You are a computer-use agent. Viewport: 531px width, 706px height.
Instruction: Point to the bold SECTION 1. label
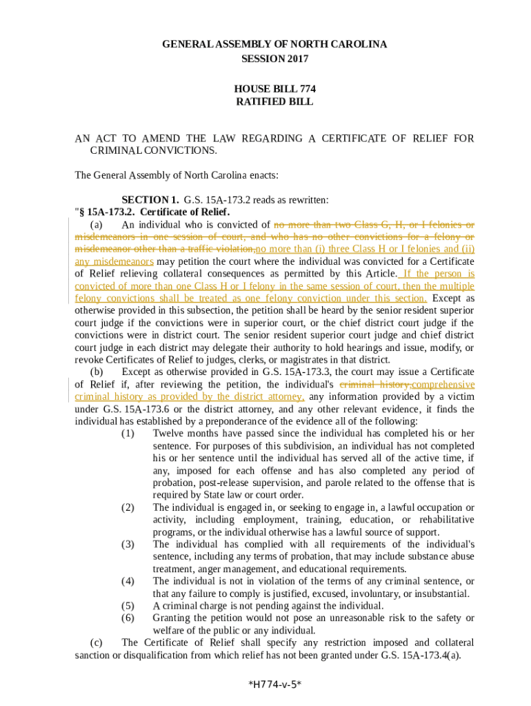coord(150,200)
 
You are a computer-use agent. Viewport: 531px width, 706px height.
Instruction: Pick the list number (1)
coord(128,433)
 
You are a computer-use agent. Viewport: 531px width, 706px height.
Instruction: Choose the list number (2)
coord(128,507)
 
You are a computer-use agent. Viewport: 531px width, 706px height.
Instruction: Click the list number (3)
coord(128,545)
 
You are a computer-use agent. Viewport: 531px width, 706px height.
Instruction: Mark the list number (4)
coord(128,581)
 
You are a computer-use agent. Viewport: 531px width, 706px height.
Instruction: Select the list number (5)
coord(128,606)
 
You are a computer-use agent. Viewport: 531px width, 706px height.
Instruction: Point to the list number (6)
coord(128,618)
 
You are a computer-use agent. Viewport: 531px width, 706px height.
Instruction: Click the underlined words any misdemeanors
coord(114,262)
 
